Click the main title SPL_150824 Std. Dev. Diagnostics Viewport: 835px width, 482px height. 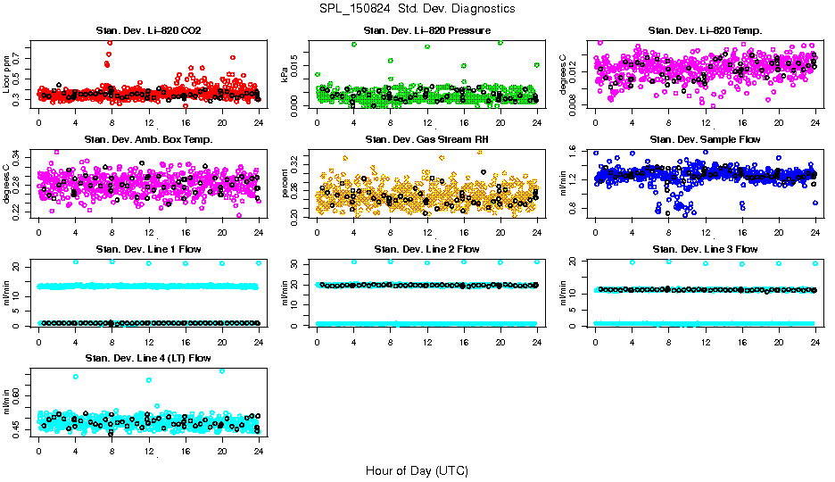[417, 8]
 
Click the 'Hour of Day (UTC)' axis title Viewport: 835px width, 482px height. [417, 470]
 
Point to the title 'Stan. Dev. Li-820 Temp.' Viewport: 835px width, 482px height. [705, 30]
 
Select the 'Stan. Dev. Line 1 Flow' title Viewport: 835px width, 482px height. [148, 249]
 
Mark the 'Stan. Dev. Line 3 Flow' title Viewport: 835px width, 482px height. [705, 249]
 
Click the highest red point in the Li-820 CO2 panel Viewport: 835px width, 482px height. [110, 42]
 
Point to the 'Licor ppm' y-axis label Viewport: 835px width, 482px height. [7, 74]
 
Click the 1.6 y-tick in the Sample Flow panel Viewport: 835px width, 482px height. [575, 152]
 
